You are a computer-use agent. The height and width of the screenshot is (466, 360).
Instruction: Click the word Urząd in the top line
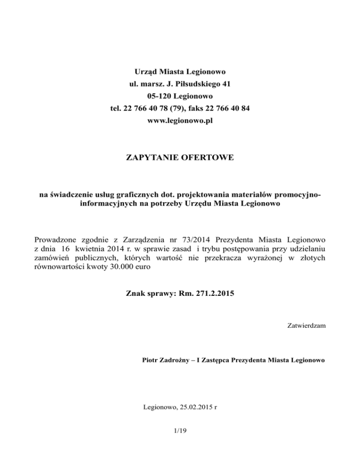(143, 72)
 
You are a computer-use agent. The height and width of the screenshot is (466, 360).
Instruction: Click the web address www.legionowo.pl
(180, 121)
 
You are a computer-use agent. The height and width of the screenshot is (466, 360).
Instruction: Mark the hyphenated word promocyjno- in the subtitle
(299, 195)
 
